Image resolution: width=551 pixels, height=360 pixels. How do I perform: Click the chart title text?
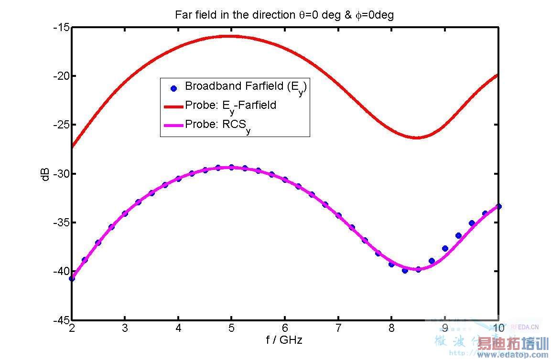pyautogui.click(x=284, y=15)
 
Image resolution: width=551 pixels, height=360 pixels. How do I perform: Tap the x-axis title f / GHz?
pyautogui.click(x=284, y=340)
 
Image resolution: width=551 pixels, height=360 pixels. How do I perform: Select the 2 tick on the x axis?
pyautogui.click(x=72, y=328)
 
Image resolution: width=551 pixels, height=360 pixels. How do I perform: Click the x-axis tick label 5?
pyautogui.click(x=231, y=328)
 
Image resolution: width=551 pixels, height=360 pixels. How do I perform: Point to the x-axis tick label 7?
pyautogui.click(x=338, y=328)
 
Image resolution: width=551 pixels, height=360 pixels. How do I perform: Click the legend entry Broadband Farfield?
pyautogui.click(x=245, y=87)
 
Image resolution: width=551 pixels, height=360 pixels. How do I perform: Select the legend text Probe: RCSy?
pyautogui.click(x=217, y=125)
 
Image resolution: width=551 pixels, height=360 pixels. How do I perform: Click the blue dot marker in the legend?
pyautogui.click(x=173, y=88)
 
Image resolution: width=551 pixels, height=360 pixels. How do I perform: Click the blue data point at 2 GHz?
pyautogui.click(x=72, y=278)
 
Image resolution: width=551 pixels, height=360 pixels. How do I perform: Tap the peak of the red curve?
pyautogui.click(x=231, y=36)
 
